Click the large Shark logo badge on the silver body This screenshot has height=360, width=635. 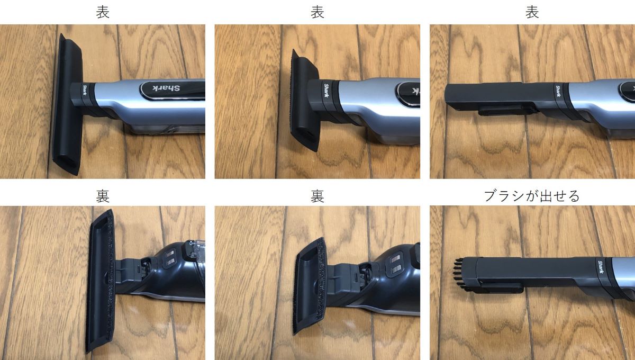(173, 91)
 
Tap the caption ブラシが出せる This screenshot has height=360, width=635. (531, 196)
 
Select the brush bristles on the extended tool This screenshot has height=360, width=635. (460, 275)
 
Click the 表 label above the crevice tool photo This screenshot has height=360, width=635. (532, 13)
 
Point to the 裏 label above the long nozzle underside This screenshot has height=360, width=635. (103, 196)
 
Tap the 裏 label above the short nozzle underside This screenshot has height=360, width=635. (317, 196)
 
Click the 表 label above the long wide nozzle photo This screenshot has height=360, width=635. (103, 13)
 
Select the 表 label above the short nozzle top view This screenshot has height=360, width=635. (317, 13)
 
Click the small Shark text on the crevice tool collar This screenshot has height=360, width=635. (558, 91)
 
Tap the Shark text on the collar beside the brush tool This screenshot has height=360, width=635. (601, 267)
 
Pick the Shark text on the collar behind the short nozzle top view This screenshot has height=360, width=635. (326, 90)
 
